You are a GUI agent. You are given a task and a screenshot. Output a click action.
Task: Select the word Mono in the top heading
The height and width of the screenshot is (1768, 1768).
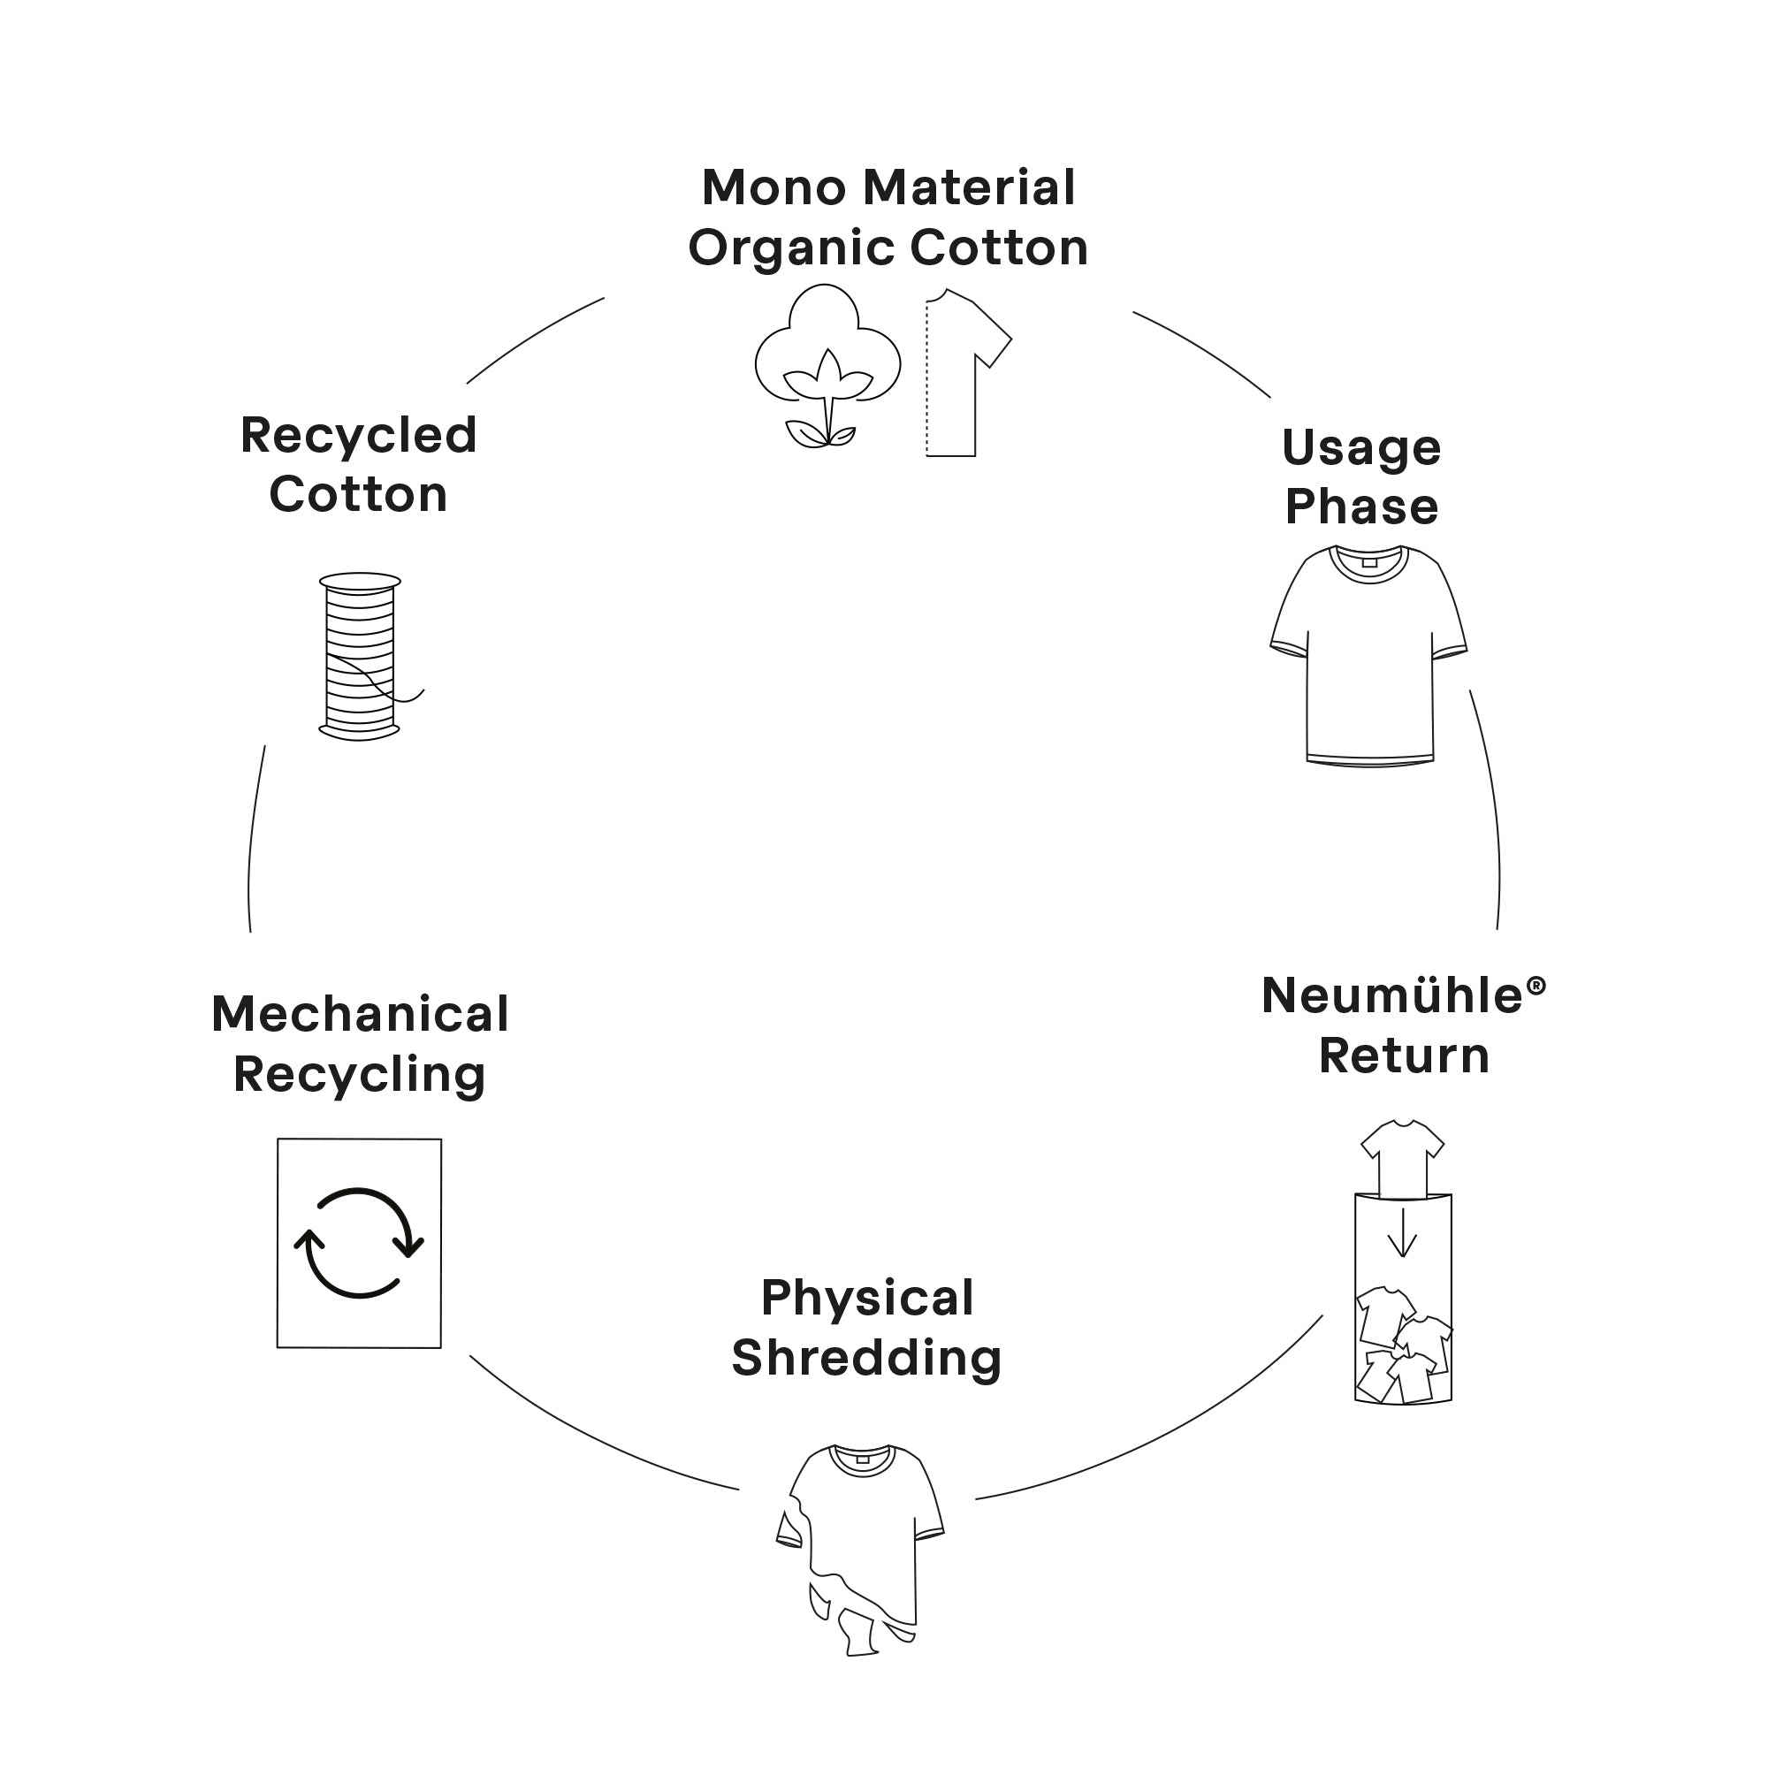click(773, 187)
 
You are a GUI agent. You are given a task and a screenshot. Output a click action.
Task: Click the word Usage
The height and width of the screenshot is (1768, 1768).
click(1360, 447)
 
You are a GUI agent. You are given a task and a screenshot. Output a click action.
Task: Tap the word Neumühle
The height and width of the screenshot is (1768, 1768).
click(1391, 995)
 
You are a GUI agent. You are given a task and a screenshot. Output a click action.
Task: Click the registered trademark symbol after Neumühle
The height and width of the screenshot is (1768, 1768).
click(1536, 986)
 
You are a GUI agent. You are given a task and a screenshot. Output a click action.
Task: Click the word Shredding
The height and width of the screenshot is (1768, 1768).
click(865, 1357)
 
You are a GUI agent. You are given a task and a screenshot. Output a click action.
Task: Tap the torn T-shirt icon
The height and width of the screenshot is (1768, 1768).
click(860, 1546)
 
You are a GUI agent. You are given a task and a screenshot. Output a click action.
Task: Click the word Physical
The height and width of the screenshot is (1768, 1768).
click(866, 1298)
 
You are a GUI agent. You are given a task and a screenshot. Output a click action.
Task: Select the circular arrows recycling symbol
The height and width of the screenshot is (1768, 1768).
click(359, 1243)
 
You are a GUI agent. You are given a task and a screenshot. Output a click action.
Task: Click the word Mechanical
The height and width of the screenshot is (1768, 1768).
click(360, 1014)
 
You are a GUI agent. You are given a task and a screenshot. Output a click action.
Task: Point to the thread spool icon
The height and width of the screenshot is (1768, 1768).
click(360, 656)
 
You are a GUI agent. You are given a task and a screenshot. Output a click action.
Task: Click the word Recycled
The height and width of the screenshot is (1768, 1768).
click(358, 435)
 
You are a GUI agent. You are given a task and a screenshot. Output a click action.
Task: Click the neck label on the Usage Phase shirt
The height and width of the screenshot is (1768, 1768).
click(1369, 562)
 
